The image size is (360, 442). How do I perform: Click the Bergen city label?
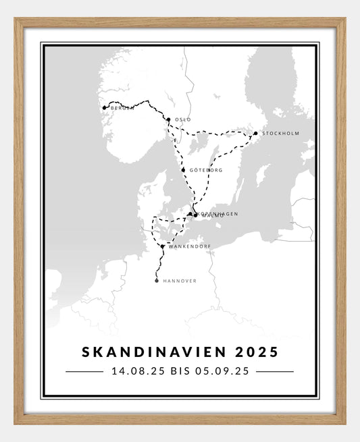[122, 108]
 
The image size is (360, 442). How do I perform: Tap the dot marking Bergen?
[104, 107]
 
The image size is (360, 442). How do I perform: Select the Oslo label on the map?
[182, 119]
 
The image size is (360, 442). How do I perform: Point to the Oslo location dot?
[168, 119]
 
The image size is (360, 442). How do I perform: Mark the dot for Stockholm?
[255, 133]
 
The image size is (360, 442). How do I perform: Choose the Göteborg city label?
[206, 170]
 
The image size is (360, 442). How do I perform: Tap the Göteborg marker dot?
[184, 170]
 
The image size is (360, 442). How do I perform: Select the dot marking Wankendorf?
[163, 246]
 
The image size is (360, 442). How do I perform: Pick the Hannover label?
[180, 281]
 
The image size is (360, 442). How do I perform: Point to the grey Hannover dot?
[157, 281]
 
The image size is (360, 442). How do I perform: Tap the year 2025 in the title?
[257, 352]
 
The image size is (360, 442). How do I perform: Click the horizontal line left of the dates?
[84, 371]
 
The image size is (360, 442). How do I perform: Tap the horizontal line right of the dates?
[275, 371]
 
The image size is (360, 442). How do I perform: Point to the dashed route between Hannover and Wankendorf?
[159, 265]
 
